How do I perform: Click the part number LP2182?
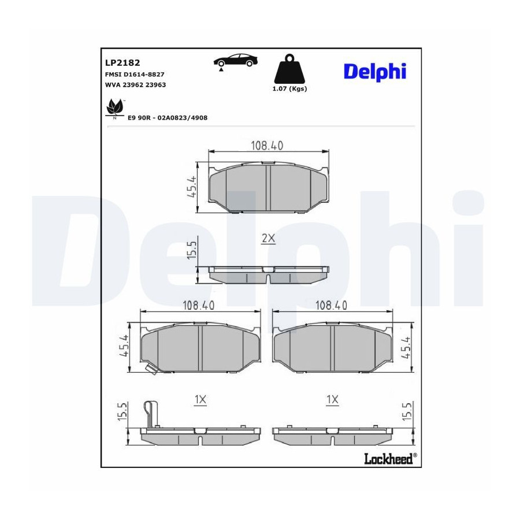coord(122,62)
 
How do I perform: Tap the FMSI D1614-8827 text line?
coord(135,75)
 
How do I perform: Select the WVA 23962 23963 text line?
coord(135,85)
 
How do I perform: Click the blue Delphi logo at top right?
coord(375,71)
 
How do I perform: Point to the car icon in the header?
coord(235,61)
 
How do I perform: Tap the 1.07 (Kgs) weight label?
coord(289,89)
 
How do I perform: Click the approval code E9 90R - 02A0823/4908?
coord(168,118)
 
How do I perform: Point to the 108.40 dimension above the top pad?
coord(267,146)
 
